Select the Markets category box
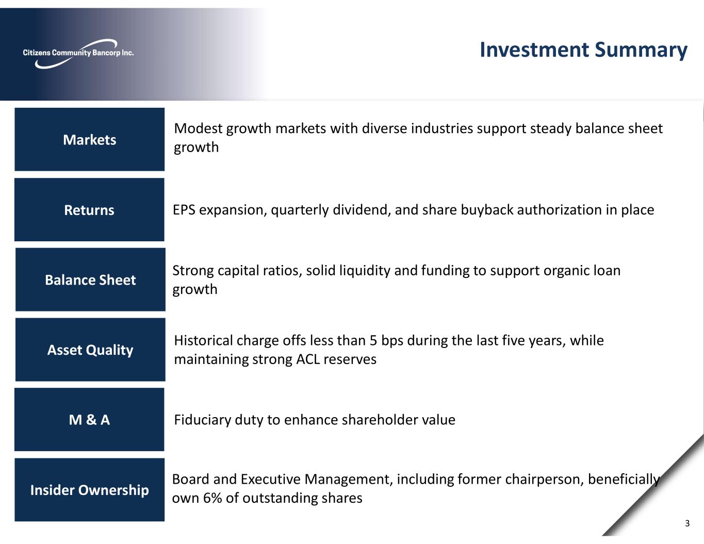point(89,140)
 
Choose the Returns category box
point(89,210)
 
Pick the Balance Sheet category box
point(90,280)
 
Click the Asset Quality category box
point(90,350)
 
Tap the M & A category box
point(89,420)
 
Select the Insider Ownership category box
point(89,490)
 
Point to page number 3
point(687,523)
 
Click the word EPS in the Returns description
point(184,210)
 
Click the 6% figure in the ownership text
point(212,498)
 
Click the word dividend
point(362,210)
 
